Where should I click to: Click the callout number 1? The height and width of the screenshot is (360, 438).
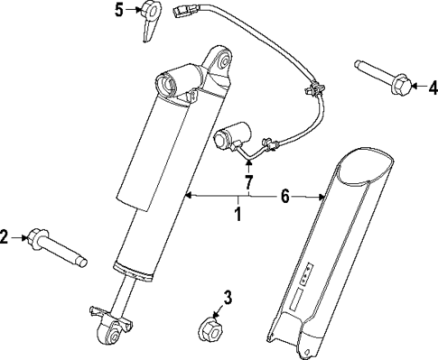click(x=238, y=215)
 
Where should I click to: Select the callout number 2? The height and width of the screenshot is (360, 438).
click(x=6, y=238)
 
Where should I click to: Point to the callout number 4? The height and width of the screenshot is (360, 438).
click(x=432, y=88)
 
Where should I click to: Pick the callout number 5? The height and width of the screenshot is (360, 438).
click(x=118, y=11)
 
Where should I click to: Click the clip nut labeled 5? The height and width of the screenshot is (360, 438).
click(x=150, y=19)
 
